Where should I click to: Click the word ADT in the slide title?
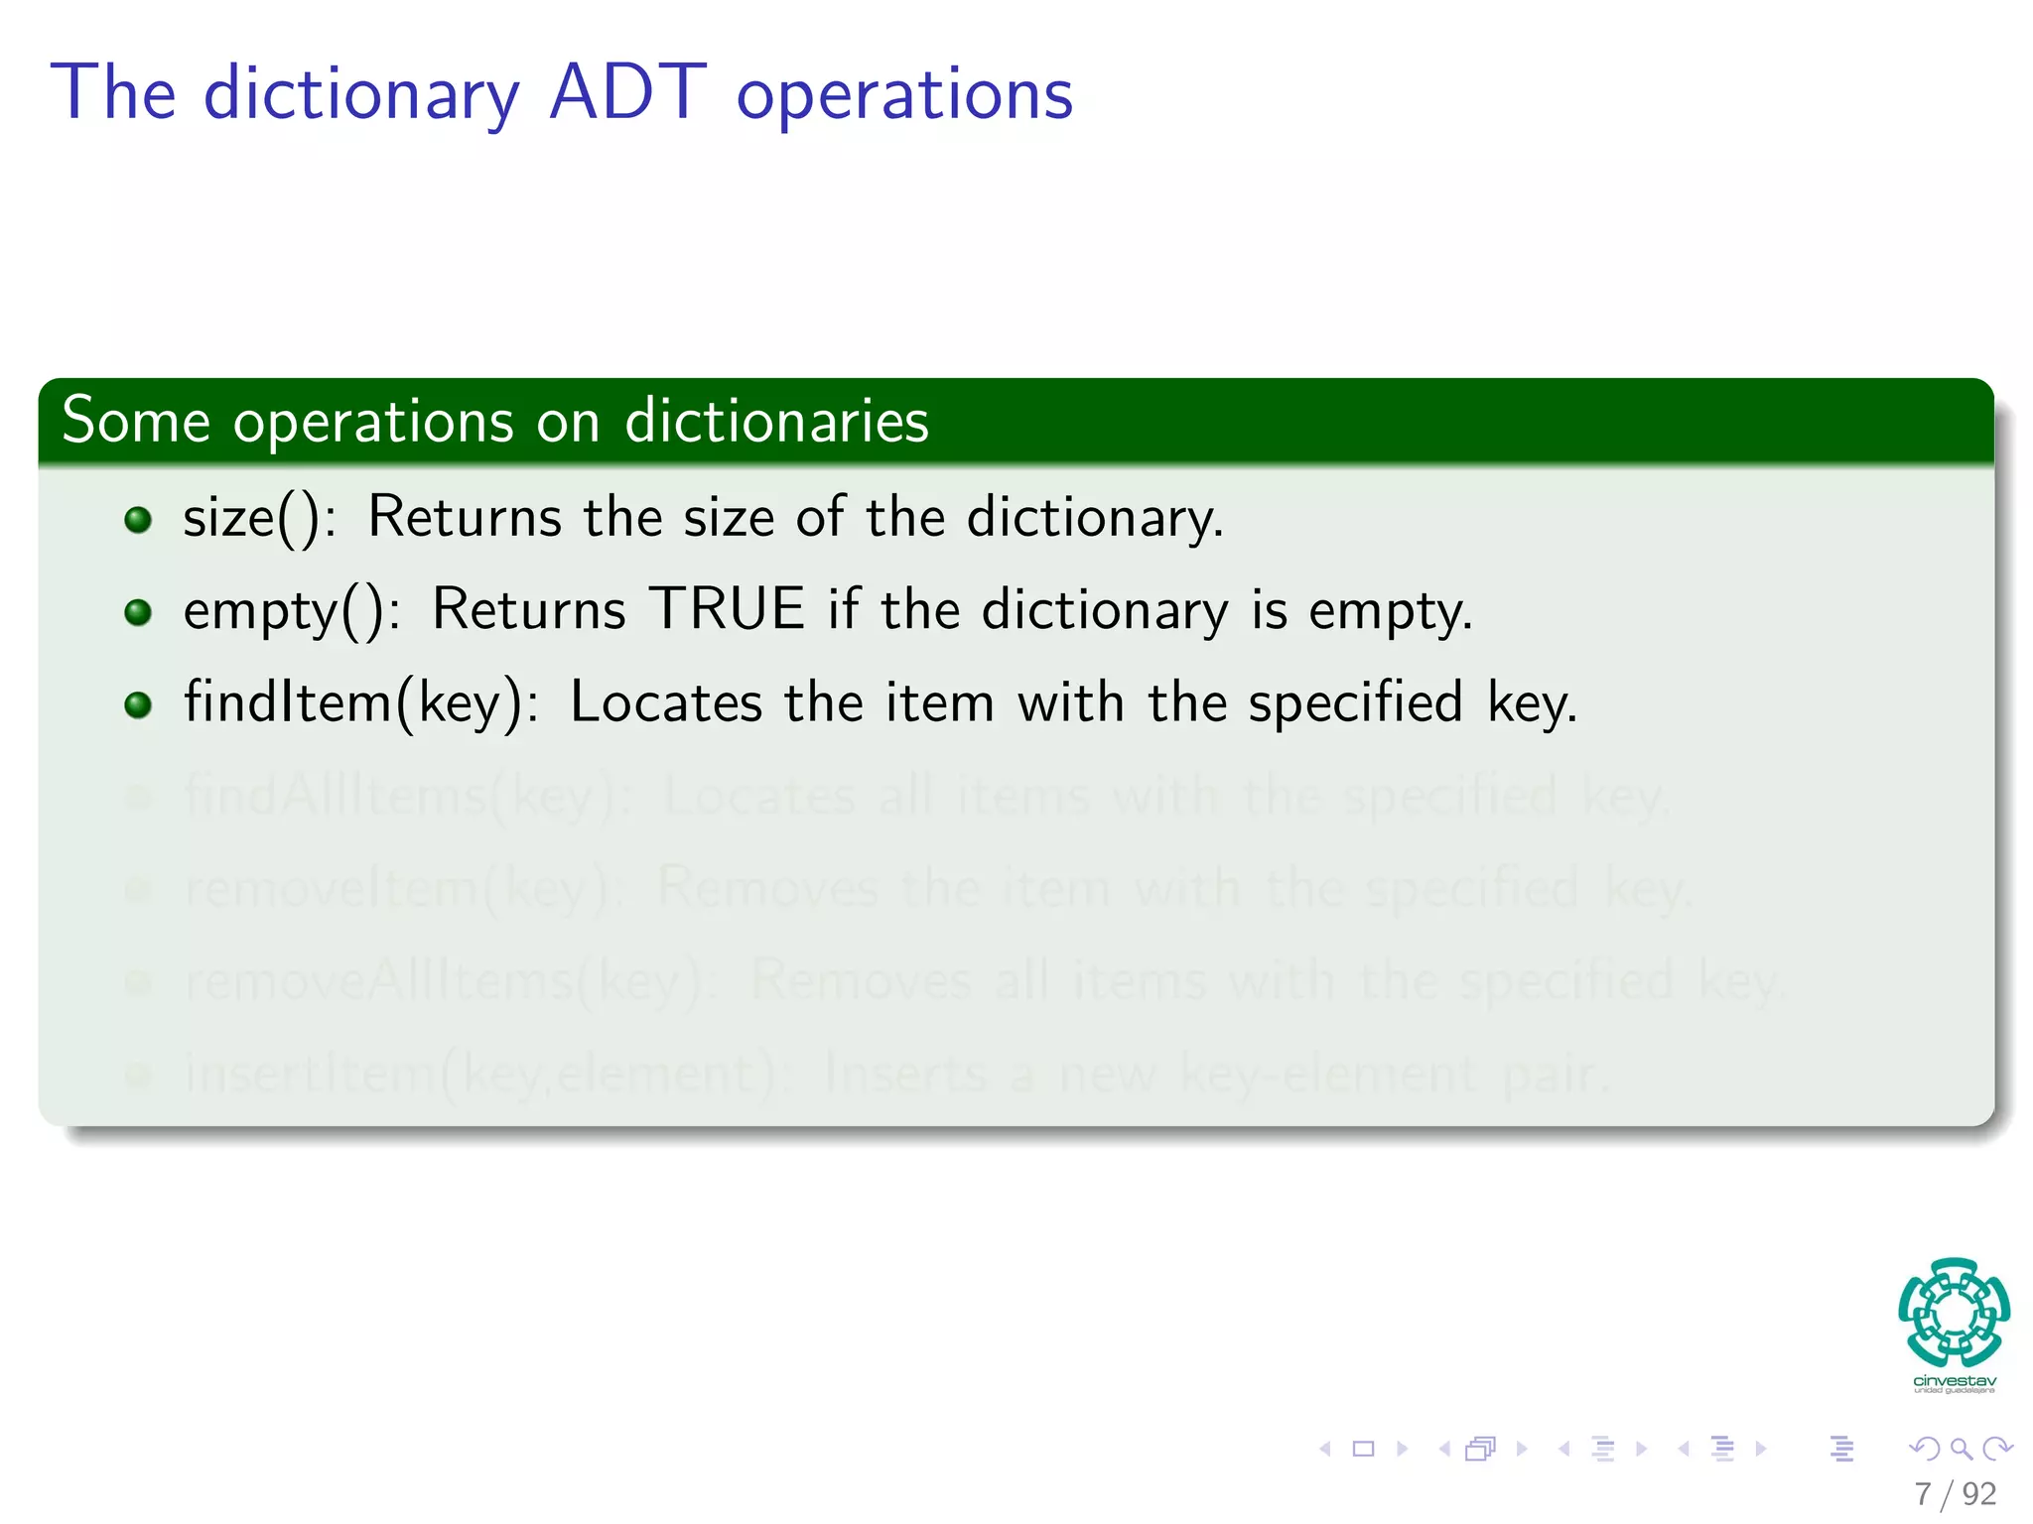coord(627,93)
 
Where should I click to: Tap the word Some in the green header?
coord(136,421)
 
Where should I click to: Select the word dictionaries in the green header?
coord(776,421)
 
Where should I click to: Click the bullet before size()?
coord(138,519)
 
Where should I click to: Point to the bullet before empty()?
coord(138,611)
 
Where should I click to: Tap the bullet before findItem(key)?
coord(138,704)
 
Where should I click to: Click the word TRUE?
coord(727,609)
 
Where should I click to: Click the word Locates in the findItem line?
coord(666,703)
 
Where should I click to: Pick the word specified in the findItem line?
coord(1355,703)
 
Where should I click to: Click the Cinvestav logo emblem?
coord(1954,1312)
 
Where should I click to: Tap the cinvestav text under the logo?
coord(1954,1381)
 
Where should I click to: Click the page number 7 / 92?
coord(1955,1494)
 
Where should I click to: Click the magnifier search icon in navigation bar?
coord(1961,1450)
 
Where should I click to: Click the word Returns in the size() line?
coord(465,518)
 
